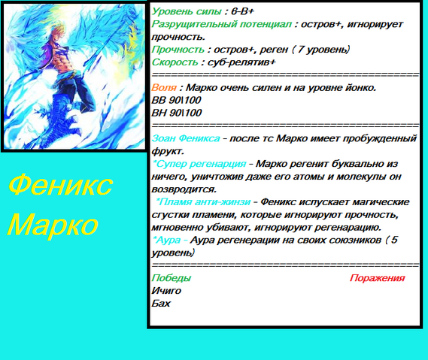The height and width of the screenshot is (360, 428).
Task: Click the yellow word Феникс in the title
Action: (61, 186)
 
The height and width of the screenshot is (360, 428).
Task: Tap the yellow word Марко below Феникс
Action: (53, 224)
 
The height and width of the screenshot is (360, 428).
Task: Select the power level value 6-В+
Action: (242, 11)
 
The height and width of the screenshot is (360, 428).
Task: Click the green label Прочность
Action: (178, 50)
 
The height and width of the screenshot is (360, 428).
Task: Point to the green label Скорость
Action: (175, 62)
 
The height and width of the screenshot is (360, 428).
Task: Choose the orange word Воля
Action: (164, 87)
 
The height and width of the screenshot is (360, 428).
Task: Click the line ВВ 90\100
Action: (176, 100)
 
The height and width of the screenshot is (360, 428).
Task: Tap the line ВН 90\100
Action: (177, 113)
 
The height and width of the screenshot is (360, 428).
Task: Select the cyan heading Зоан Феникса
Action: (186, 138)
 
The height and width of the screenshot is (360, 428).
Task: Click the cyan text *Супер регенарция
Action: (199, 164)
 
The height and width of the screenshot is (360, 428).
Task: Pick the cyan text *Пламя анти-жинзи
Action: (203, 202)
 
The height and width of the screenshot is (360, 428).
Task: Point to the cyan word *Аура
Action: (167, 240)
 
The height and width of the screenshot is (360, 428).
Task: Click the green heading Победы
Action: (172, 278)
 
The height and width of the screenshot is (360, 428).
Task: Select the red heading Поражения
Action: (378, 278)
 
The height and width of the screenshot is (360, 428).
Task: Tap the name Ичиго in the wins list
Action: (166, 291)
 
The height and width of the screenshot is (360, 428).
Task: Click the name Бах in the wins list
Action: (161, 304)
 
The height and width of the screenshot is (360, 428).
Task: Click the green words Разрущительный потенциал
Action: (222, 24)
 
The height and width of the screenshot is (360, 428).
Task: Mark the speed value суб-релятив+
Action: (241, 62)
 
